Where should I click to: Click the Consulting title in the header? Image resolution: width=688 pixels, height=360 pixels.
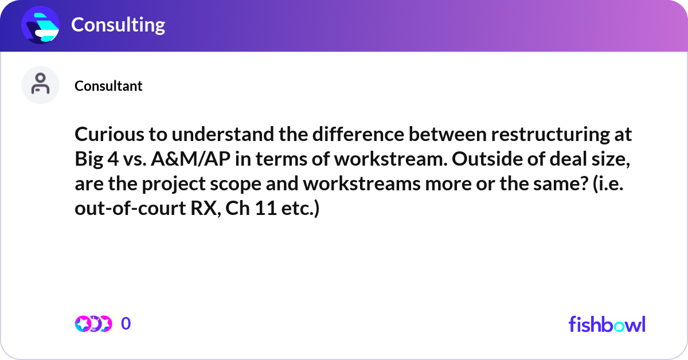(x=118, y=25)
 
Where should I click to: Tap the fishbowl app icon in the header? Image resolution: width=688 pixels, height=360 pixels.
(x=40, y=25)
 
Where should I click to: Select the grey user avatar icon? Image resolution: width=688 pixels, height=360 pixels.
(x=40, y=85)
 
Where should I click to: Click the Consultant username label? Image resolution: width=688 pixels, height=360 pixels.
(x=108, y=86)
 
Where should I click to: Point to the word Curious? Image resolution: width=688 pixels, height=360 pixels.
(x=105, y=135)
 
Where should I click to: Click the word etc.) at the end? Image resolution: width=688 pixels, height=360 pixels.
(x=297, y=209)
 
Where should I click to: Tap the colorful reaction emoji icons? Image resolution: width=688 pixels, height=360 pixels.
(x=93, y=324)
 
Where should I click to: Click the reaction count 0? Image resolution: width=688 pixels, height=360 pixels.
(x=126, y=324)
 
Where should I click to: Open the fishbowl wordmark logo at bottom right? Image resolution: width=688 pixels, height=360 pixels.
(x=607, y=324)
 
